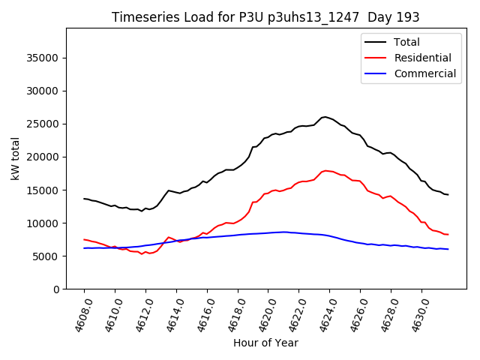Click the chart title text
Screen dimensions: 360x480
coord(265,17)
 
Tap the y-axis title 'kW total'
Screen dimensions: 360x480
coord(15,159)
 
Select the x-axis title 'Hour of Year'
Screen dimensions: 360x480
coord(265,343)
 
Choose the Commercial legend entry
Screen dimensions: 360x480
coord(424,73)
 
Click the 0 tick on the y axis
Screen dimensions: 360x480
coord(56,289)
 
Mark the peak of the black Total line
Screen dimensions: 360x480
coord(325,116)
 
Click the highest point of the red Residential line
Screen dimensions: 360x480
coord(325,170)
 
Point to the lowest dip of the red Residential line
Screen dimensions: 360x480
coord(142,254)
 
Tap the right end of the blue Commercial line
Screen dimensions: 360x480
coord(448,249)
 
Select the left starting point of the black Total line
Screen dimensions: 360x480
coord(84,199)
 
